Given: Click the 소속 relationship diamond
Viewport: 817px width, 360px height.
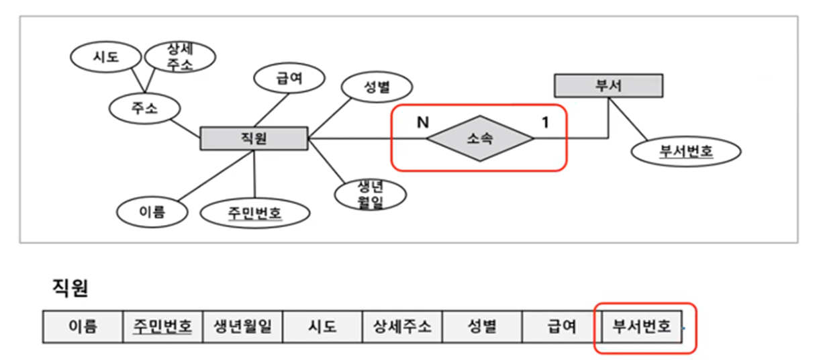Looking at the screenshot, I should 480,139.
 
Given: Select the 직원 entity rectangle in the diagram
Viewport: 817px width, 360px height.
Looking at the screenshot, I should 254,138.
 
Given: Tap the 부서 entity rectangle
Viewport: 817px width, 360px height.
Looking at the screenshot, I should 608,86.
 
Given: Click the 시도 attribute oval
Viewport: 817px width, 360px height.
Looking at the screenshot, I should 105,57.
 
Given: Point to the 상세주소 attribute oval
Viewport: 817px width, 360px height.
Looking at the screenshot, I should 181,56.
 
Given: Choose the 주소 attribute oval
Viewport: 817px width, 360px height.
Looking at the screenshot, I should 145,107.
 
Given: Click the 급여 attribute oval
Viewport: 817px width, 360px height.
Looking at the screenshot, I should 289,79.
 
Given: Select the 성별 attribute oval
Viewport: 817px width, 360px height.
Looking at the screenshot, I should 377,87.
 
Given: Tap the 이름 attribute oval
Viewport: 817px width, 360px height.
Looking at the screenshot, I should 152,212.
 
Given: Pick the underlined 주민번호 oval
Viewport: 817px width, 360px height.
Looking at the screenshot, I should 255,214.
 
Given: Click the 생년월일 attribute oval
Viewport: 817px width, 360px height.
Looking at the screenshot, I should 371,194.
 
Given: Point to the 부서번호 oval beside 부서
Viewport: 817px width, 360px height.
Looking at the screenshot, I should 686,150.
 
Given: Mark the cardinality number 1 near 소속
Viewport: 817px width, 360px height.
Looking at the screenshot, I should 545,122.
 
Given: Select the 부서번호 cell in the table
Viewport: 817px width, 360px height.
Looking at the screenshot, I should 642,327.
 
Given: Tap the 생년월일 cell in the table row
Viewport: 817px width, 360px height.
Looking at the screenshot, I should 242,327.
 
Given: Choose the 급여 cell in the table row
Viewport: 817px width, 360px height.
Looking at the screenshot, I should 561,327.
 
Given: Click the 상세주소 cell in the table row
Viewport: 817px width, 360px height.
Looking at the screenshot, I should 402,327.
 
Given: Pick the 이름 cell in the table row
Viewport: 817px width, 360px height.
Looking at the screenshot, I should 83,327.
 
